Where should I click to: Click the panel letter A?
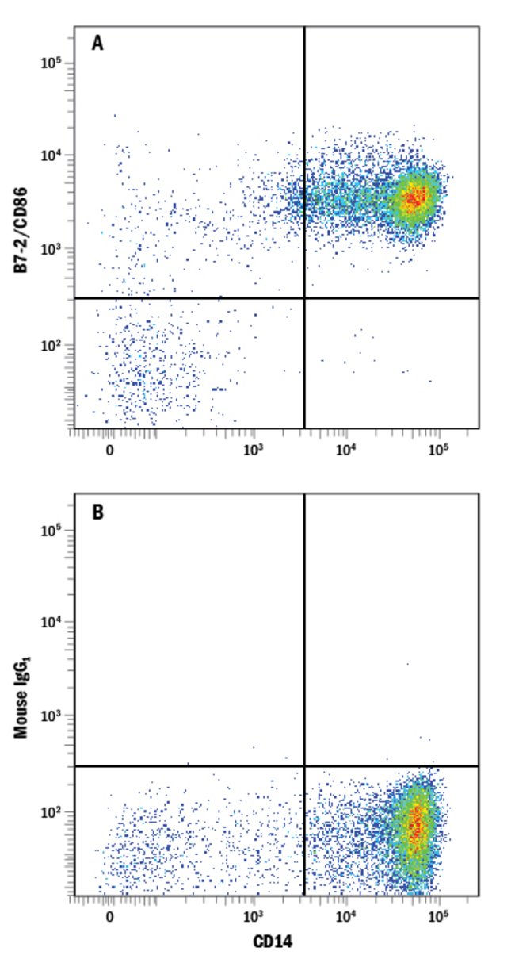(x=97, y=44)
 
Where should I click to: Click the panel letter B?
(x=97, y=512)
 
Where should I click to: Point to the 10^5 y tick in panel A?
(x=52, y=63)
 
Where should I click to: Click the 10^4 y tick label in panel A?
(x=52, y=155)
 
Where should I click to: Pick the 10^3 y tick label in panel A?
(x=52, y=249)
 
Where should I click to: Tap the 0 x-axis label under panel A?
(x=109, y=449)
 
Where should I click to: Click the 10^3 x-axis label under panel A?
(x=253, y=449)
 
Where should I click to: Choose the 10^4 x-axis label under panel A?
(x=345, y=449)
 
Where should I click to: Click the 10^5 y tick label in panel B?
(x=52, y=530)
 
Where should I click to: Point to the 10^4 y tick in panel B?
(x=52, y=623)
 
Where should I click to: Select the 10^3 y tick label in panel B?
(x=52, y=716)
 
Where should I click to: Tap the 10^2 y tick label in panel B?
(x=52, y=812)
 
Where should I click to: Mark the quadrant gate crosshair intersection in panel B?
(x=304, y=766)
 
